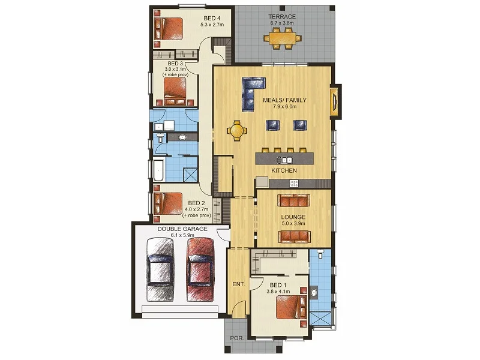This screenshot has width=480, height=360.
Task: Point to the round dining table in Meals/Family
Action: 238,130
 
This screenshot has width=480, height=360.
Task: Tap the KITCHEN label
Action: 284,171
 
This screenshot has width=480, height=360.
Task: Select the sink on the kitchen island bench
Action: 284,160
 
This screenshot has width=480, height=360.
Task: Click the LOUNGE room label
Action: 294,217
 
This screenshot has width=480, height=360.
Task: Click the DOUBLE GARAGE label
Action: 184,228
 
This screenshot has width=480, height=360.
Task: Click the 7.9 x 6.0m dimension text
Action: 284,107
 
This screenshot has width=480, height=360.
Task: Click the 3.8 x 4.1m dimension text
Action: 278,292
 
